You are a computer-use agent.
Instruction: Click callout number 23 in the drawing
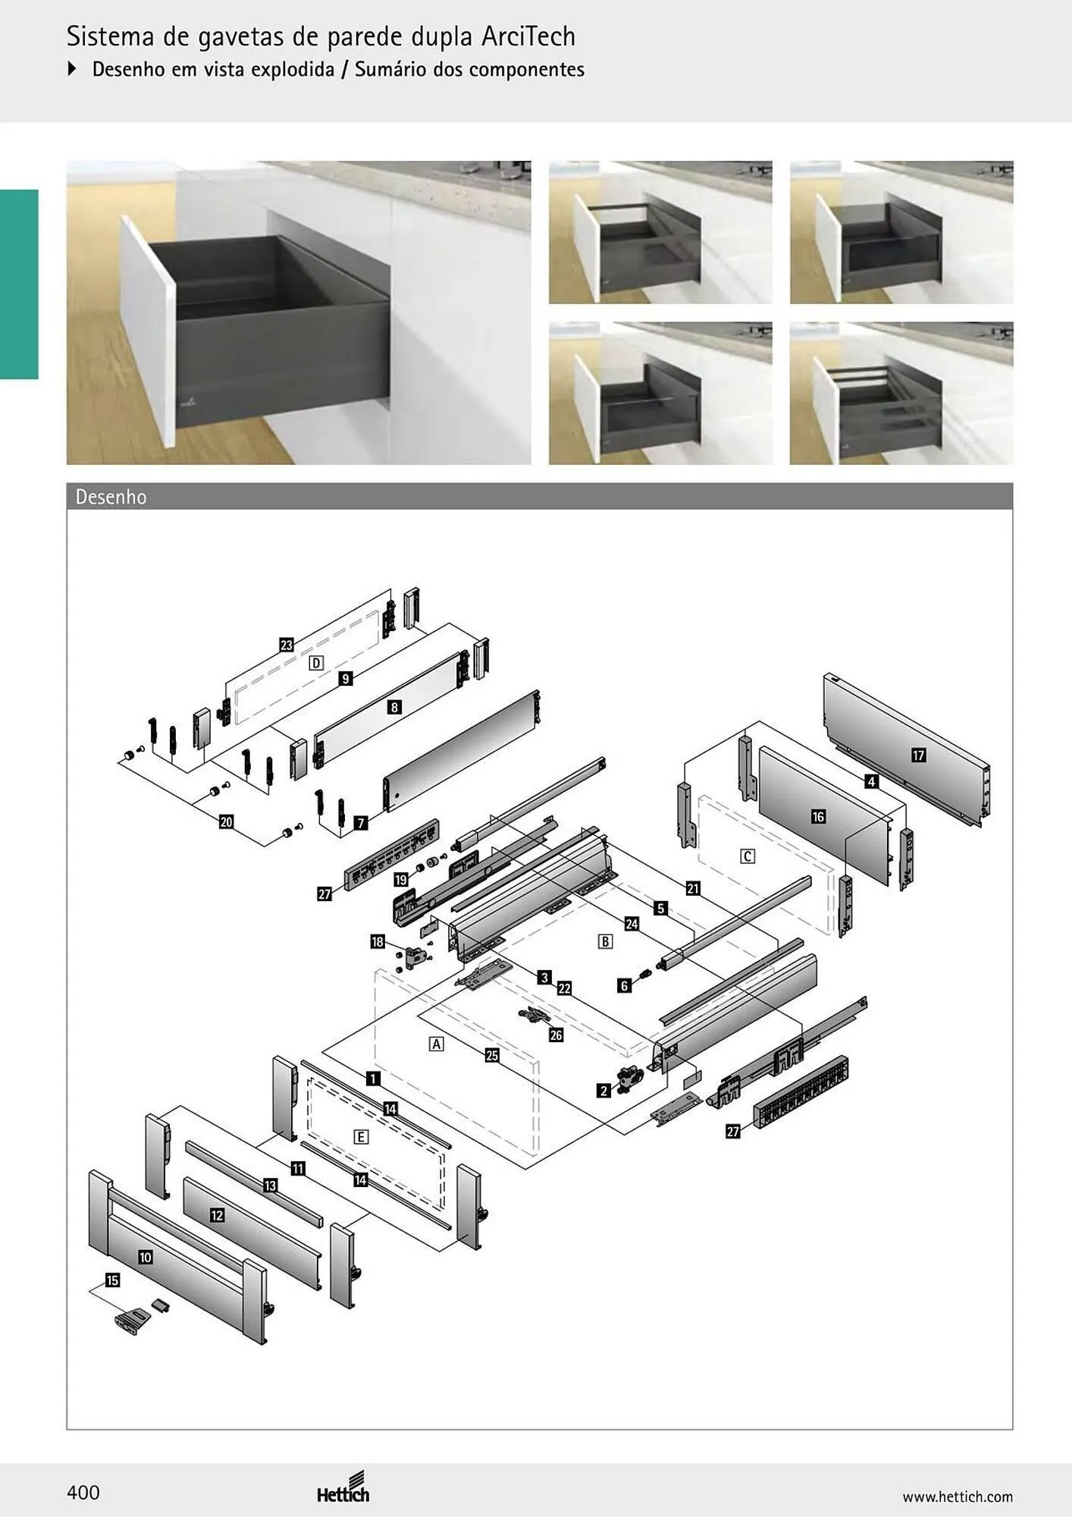click(286, 645)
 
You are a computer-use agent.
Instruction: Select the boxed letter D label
click(316, 663)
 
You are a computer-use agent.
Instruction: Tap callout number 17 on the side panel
click(918, 755)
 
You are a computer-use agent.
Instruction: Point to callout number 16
click(818, 817)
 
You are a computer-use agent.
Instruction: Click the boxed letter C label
click(748, 856)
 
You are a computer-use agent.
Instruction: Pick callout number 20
click(226, 822)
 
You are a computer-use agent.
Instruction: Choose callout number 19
click(401, 880)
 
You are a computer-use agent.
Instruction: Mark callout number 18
click(378, 942)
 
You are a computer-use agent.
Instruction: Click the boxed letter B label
click(605, 941)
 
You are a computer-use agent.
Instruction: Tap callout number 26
click(556, 1035)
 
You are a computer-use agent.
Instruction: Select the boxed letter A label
click(437, 1044)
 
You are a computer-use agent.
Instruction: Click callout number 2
click(603, 1091)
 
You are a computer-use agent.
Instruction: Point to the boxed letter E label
click(362, 1137)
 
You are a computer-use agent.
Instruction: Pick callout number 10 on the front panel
click(146, 1258)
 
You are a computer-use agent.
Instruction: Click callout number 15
click(112, 1280)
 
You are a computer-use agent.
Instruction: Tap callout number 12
click(217, 1215)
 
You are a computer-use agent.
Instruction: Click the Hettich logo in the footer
click(343, 1488)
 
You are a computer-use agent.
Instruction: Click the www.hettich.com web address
click(958, 1497)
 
